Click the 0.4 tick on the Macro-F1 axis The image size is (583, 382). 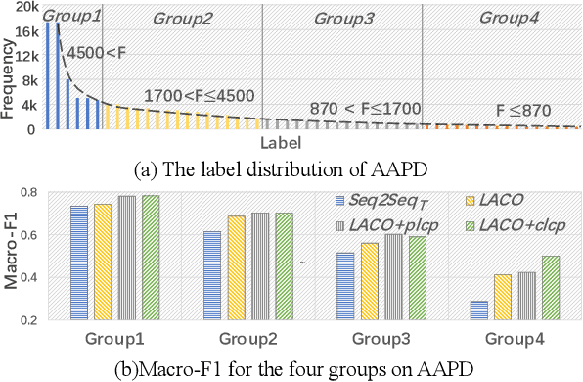coord(28,277)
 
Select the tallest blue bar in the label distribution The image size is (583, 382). coord(50,74)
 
